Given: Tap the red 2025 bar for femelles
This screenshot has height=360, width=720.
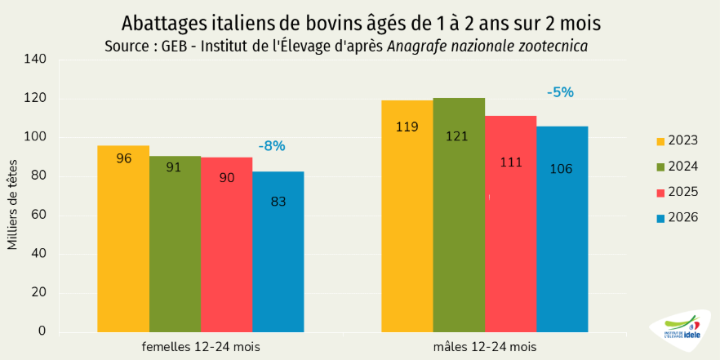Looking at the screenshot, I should tap(226, 244).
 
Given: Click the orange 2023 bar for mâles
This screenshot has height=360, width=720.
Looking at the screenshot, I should tap(407, 216).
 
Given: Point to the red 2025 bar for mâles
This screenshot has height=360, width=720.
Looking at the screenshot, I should tap(510, 224).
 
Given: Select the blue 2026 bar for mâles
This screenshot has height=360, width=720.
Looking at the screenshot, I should tap(562, 229).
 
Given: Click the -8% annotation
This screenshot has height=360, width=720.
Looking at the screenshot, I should tap(272, 146).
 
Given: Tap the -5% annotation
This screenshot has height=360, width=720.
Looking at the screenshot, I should tap(561, 92).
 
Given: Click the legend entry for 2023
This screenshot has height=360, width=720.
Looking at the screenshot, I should tap(675, 140).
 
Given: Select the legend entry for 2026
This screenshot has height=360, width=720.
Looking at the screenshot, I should tap(675, 218).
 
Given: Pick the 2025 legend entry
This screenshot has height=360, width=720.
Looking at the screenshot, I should tap(675, 192).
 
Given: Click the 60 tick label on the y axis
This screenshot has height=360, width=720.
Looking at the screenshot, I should tap(38, 215).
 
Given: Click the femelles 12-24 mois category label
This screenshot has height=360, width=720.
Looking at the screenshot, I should tap(201, 346).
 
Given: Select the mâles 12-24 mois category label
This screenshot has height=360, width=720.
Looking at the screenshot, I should tap(485, 346).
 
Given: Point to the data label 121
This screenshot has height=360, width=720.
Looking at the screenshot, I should tap(457, 136).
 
